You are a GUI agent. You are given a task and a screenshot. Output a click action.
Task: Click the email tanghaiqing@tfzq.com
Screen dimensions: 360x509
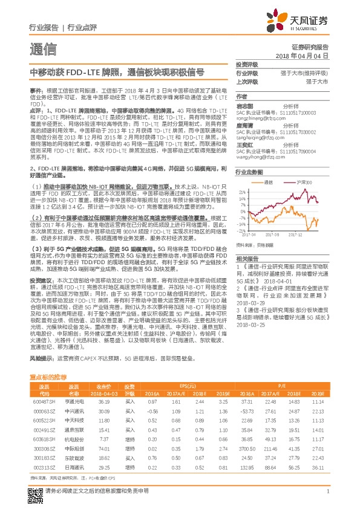click(261, 138)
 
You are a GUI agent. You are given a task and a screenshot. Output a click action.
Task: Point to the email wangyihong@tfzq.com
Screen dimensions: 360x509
click(261, 157)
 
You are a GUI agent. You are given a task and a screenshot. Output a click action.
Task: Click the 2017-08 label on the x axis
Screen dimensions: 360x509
click(273, 235)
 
